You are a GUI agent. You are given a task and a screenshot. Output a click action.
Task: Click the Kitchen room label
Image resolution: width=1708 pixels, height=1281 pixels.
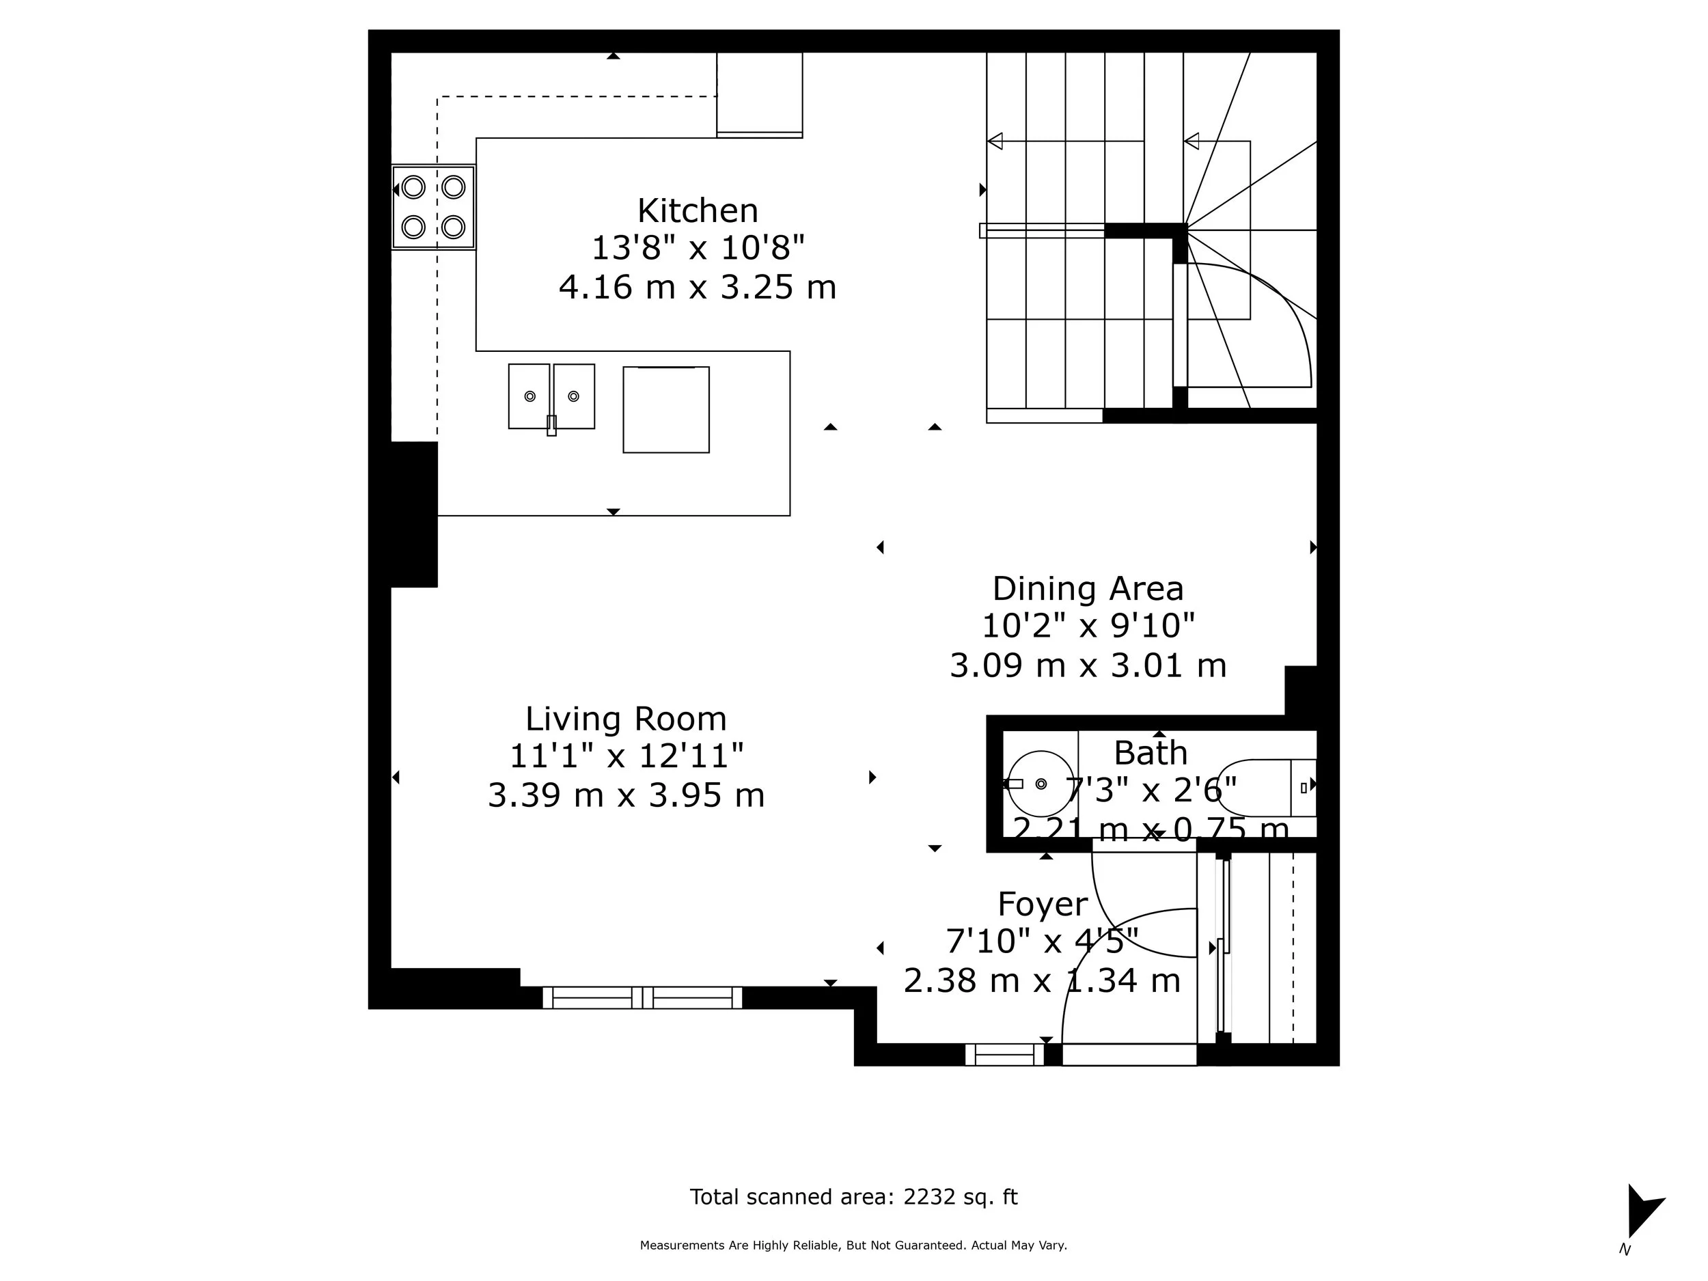[x=698, y=211]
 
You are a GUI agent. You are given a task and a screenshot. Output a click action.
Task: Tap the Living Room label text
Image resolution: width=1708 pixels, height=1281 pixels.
[x=625, y=719]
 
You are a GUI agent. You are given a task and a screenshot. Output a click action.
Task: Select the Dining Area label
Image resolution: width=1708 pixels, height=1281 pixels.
[x=1087, y=588]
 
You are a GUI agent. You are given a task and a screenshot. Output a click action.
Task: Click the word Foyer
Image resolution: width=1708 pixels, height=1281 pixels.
[x=1043, y=903]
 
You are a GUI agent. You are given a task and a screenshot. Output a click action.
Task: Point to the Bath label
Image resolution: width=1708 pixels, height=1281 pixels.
[x=1150, y=753]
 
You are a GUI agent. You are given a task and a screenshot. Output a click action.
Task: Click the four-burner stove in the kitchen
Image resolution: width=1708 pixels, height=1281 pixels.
[x=433, y=207]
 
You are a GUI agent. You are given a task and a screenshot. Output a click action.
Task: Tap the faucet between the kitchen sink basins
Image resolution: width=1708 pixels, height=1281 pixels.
[x=551, y=425]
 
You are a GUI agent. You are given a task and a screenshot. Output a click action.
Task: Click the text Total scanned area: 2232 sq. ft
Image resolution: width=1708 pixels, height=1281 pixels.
[x=853, y=1197]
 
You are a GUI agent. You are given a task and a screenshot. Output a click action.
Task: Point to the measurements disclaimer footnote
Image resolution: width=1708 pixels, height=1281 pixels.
[x=853, y=1245]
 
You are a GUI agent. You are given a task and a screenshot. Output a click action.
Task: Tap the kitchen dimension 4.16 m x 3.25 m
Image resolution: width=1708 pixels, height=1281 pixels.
[x=698, y=287]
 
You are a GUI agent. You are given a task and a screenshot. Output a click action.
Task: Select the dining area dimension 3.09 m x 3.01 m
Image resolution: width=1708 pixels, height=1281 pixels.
[x=1087, y=665]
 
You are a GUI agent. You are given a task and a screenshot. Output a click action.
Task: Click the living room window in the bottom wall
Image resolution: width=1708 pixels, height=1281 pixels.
[x=642, y=997]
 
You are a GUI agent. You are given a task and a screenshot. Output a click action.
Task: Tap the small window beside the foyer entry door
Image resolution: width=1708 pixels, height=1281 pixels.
[x=1004, y=1055]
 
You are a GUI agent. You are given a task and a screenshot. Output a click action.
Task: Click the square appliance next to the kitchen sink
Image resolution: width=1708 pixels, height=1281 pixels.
[x=665, y=410]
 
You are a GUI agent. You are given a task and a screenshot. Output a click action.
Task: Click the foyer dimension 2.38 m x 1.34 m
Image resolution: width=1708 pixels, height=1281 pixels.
[x=1042, y=981]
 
